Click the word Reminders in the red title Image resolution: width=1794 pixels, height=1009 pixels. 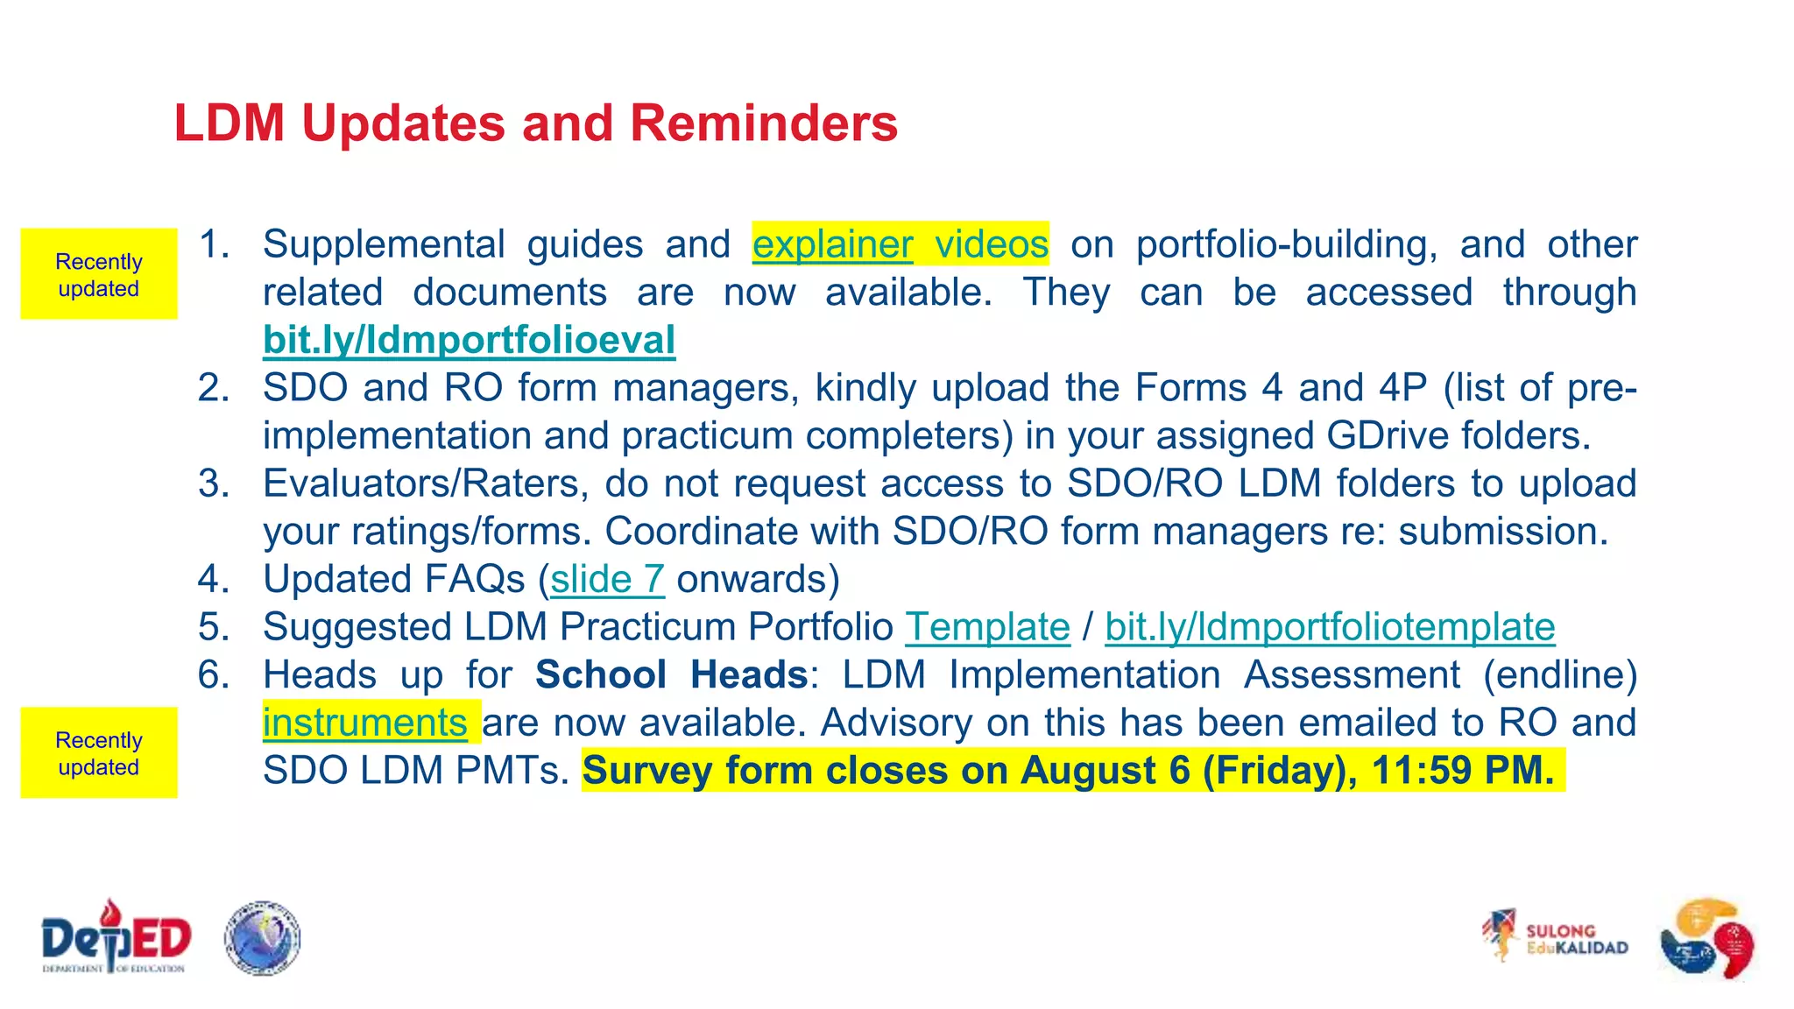[x=763, y=123]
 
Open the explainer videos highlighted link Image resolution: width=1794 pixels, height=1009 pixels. [x=900, y=244]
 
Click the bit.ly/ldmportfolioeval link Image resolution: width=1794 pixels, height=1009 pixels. [x=469, y=340]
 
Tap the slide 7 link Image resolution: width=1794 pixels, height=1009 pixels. [x=607, y=579]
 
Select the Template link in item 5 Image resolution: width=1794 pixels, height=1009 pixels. [x=987, y=627]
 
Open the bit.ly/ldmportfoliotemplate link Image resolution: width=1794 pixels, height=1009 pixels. [x=1329, y=627]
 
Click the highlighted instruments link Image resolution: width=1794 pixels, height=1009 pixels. [x=364, y=723]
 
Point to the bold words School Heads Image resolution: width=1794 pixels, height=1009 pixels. [x=671, y=675]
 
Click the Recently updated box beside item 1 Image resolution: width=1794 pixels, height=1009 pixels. [x=99, y=274]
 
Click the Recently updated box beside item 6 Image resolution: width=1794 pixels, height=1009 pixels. [x=99, y=752]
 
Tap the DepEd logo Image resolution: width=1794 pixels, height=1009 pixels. [x=116, y=937]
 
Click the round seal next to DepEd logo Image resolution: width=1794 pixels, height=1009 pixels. [x=262, y=938]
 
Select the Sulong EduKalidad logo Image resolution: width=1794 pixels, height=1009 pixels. [x=1555, y=938]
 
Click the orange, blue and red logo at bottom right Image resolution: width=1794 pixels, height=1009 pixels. [x=1706, y=938]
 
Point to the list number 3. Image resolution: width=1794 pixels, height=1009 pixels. [x=213, y=483]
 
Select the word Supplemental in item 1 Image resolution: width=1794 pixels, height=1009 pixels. [x=384, y=244]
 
